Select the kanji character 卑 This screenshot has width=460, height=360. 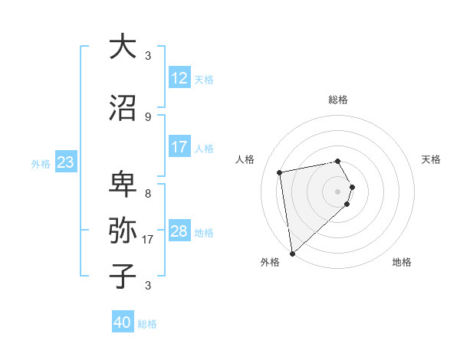[x=123, y=185]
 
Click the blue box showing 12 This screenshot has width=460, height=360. [x=179, y=77]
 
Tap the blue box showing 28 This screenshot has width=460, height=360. [x=179, y=231]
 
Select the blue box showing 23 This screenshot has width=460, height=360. [x=66, y=162]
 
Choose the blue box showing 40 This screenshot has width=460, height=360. [x=123, y=322]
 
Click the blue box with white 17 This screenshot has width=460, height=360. [x=179, y=146]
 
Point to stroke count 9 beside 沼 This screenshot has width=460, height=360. [x=148, y=116]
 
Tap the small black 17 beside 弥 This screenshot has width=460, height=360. [x=149, y=240]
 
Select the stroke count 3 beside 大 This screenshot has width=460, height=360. [x=148, y=55]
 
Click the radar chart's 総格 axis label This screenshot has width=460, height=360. [x=338, y=100]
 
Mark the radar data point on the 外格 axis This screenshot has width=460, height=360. [x=291, y=253]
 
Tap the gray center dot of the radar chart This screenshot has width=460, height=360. [x=338, y=191]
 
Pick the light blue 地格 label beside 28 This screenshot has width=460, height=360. [x=204, y=232]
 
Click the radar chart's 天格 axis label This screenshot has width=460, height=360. [x=432, y=159]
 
